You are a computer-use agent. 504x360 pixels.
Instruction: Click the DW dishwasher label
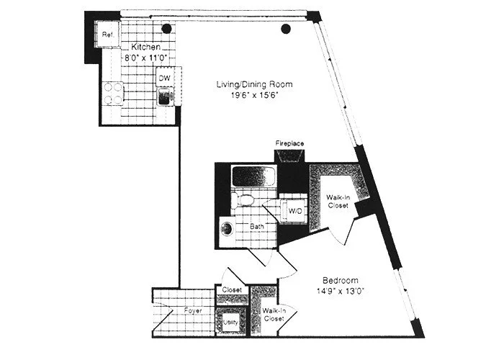[164, 78]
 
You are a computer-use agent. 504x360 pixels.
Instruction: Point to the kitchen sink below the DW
[165, 96]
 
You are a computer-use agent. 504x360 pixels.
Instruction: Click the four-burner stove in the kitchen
[113, 93]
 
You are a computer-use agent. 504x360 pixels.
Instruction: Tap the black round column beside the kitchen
[166, 29]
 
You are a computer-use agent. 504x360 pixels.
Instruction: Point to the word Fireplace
[290, 143]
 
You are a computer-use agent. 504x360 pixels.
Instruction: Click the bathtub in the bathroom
[253, 176]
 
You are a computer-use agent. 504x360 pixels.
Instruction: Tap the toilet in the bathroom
[246, 199]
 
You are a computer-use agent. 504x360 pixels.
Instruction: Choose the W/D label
[295, 211]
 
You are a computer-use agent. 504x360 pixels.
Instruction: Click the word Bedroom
[341, 280]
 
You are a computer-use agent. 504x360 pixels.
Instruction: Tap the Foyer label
[191, 311]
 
